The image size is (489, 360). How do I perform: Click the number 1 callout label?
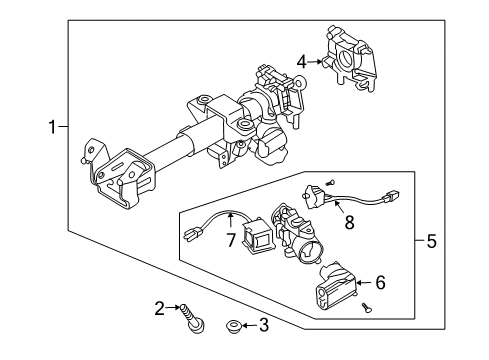pyautogui.click(x=50, y=126)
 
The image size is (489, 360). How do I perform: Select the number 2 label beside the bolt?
pyautogui.click(x=160, y=308)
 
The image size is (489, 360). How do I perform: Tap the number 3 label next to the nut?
pyautogui.click(x=264, y=324)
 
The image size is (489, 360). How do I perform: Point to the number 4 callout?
pyautogui.click(x=301, y=61)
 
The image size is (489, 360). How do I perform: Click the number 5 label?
pyautogui.click(x=432, y=240)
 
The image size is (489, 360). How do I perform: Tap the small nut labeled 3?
pyautogui.click(x=234, y=325)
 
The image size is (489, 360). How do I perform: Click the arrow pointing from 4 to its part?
pyautogui.click(x=316, y=61)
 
